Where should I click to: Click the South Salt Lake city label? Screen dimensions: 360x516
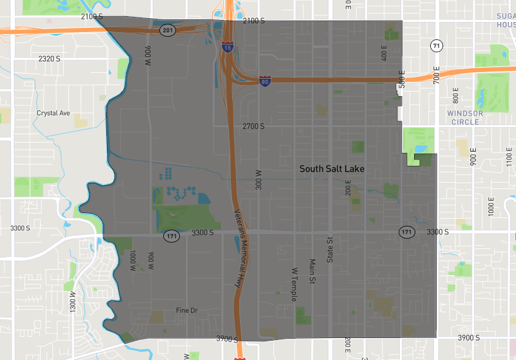point(332,168)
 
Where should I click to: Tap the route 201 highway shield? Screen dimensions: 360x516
point(168,30)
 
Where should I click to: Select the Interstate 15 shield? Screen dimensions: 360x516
point(227,46)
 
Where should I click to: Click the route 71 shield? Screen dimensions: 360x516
point(437,46)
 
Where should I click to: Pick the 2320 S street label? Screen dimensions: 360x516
point(49,59)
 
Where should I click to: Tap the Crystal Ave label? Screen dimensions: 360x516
point(53,113)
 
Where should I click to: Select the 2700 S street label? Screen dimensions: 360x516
point(253,126)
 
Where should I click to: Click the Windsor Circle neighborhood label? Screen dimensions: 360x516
point(464,117)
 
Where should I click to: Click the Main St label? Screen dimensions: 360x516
point(312,271)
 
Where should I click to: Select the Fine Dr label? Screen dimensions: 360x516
point(186,310)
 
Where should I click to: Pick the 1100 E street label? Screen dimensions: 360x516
point(510,157)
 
